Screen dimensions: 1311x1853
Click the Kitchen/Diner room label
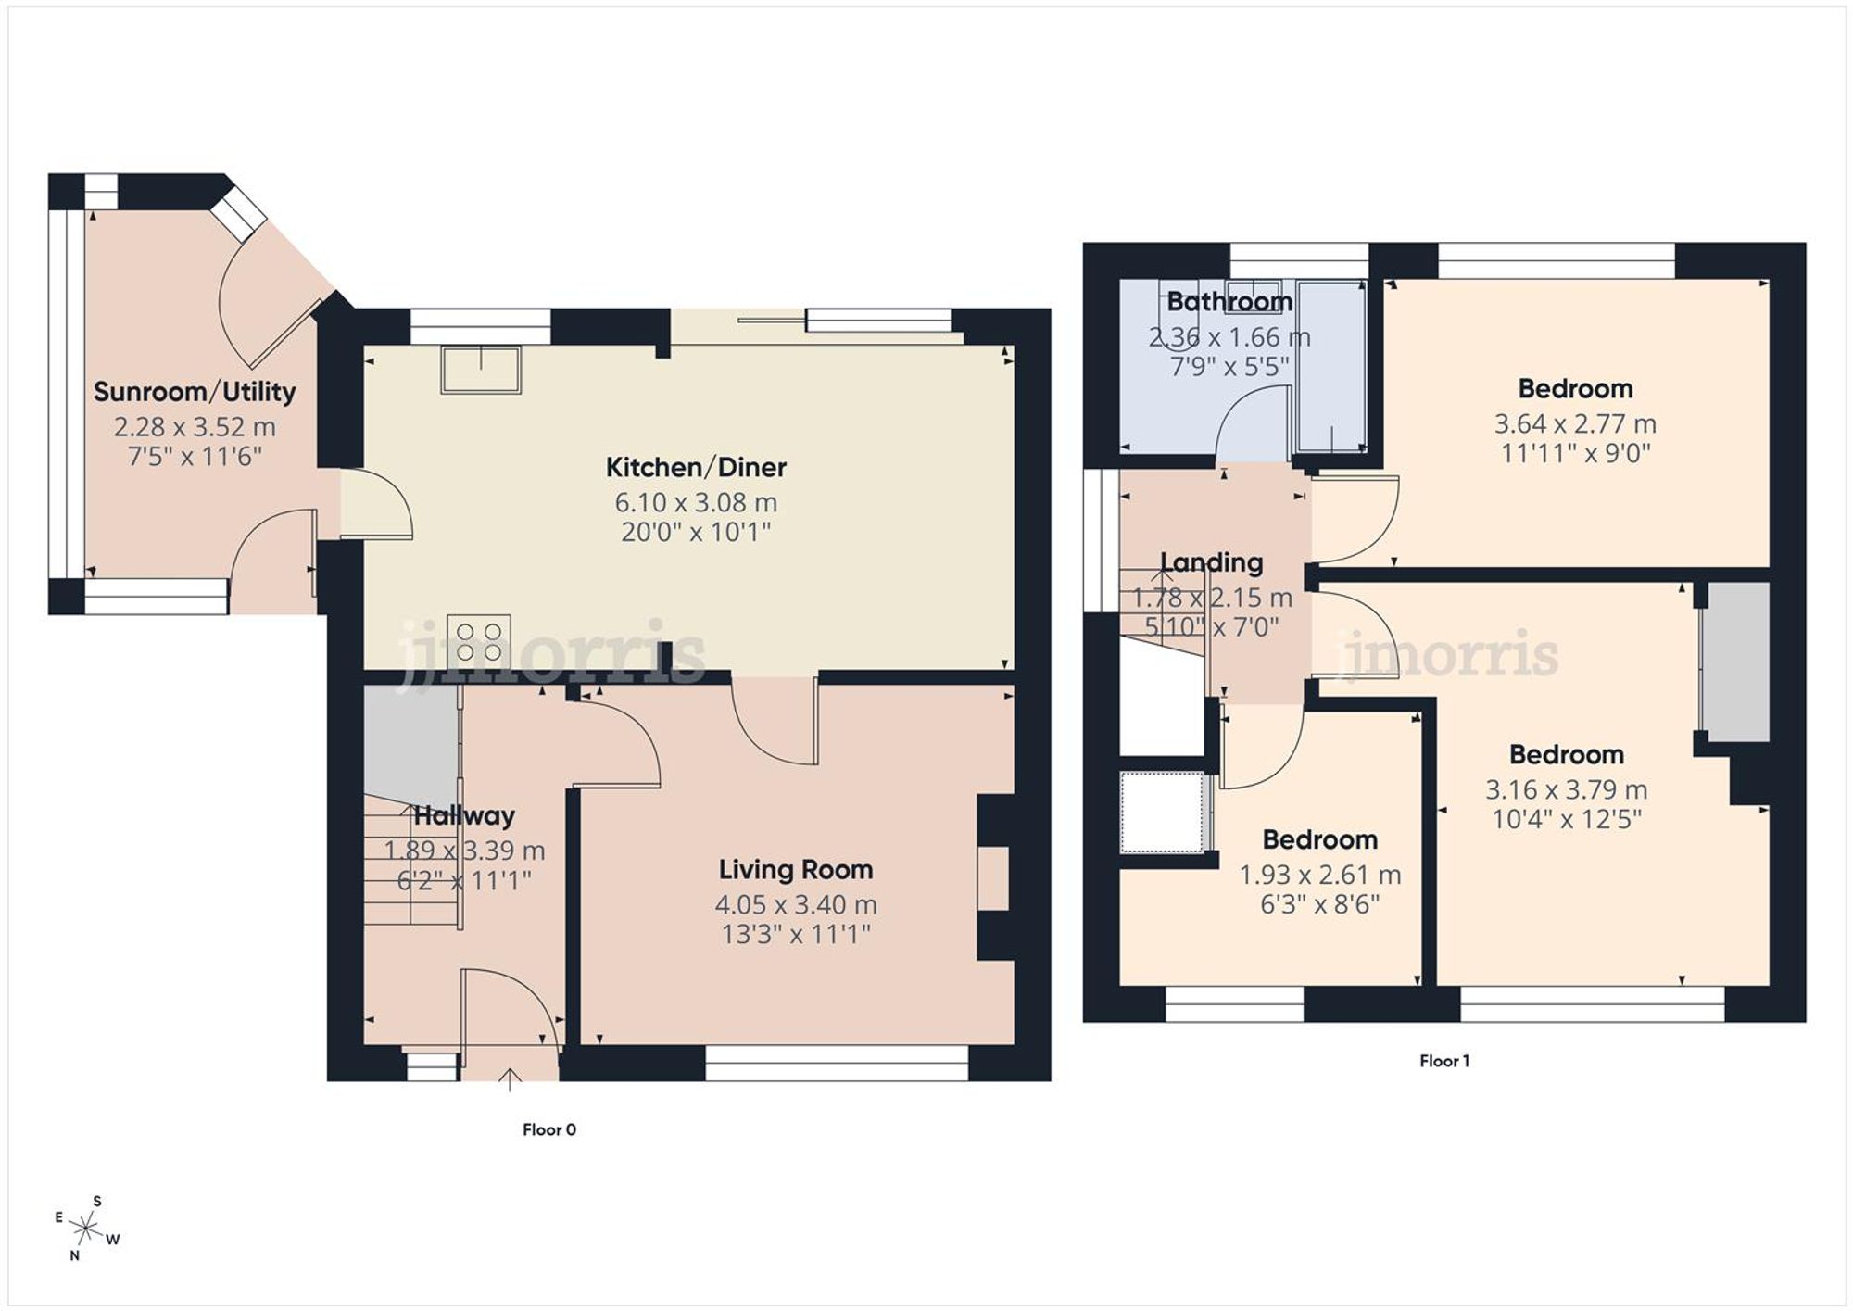tap(696, 467)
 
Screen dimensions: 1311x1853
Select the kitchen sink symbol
tap(481, 369)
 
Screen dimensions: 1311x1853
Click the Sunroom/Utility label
tap(195, 392)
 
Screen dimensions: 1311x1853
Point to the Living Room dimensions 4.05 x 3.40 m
tap(795, 904)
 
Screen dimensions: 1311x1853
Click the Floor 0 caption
tap(549, 1129)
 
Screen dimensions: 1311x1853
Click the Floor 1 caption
tap(1444, 1061)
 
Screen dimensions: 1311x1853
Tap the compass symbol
tap(86, 1229)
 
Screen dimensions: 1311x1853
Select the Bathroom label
tap(1229, 301)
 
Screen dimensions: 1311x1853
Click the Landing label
tap(1211, 562)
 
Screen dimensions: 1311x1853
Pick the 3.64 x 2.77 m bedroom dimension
tap(1575, 423)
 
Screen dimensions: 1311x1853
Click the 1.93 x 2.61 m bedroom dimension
tap(1320, 875)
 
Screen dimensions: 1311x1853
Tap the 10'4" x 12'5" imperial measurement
tap(1567, 819)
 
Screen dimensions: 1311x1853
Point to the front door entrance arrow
tap(510, 1078)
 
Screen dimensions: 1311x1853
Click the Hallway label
tap(464, 816)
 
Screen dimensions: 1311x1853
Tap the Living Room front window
tap(837, 1064)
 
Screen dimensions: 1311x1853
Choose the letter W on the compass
tap(113, 1240)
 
